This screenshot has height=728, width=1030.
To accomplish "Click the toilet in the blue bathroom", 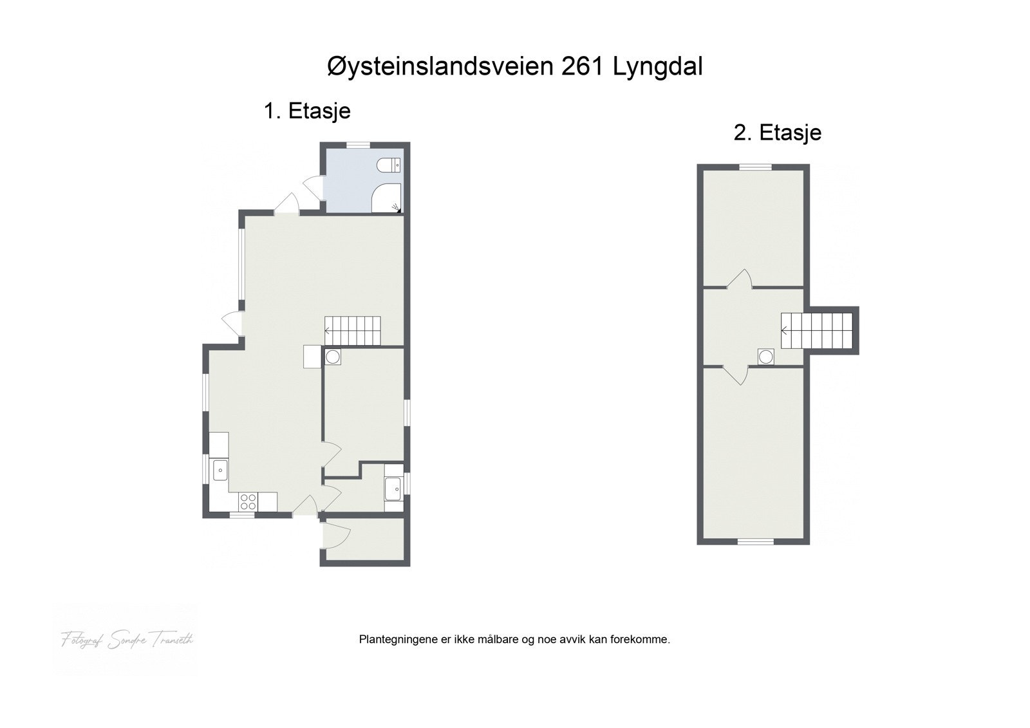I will point(389,165).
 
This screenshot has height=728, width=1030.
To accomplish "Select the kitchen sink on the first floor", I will point(220,470).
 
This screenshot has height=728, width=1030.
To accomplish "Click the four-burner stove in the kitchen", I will point(248,501).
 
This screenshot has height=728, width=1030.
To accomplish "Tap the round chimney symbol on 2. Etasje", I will point(765,357).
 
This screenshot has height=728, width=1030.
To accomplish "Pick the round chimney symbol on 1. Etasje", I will point(333,357).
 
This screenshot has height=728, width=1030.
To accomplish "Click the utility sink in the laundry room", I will point(393,489).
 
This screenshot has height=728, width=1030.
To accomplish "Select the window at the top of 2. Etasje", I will point(754,167).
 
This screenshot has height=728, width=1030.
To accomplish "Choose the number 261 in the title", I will point(583,67).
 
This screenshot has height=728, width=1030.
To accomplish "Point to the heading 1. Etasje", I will point(307,111).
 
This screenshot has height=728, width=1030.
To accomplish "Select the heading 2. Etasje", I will point(777,133).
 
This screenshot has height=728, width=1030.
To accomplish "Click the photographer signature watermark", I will point(127,640).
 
